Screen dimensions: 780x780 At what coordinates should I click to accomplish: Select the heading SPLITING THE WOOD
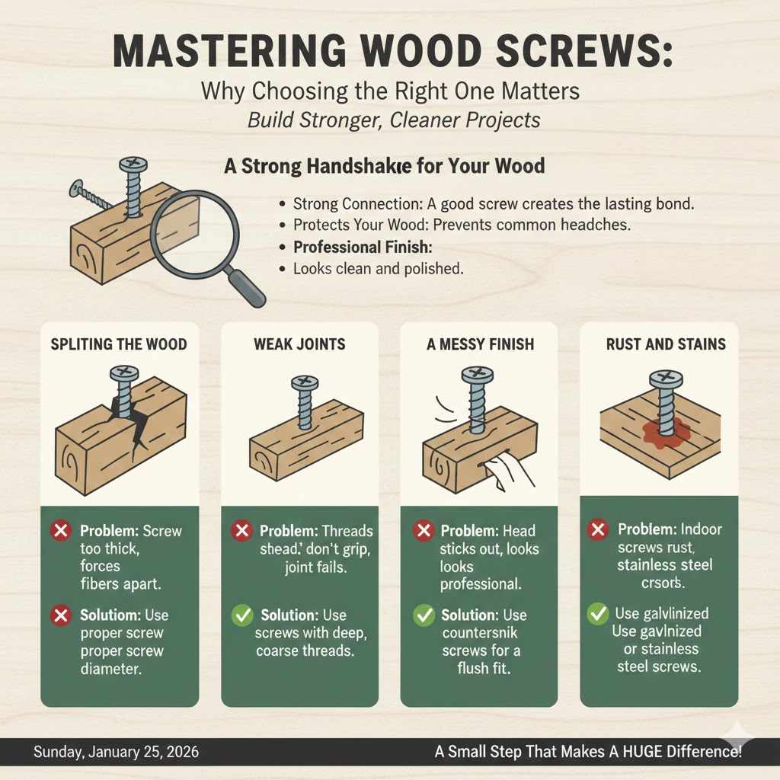119,344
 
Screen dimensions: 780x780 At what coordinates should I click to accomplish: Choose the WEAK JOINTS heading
299,344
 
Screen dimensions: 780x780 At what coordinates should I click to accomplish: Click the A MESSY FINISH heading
479,344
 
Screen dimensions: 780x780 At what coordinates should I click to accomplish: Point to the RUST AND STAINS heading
666,344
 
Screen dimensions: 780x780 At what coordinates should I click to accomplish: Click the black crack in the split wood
121,419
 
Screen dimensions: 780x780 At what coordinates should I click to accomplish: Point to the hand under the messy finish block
510,475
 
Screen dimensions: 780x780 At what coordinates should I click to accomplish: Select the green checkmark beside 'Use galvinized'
598,614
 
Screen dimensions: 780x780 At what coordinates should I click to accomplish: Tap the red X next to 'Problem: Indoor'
598,529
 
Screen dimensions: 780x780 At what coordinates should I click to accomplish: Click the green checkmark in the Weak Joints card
243,615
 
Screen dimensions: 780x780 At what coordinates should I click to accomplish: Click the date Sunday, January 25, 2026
116,752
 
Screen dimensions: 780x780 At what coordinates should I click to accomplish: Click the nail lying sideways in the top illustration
90,195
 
